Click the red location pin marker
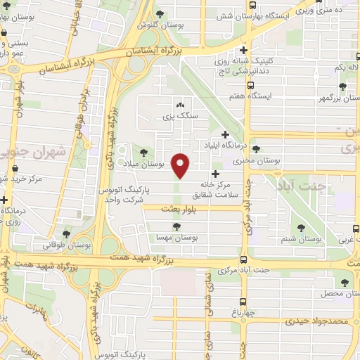click(181, 165)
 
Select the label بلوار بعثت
click(162, 209)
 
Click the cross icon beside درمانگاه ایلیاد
click(225, 134)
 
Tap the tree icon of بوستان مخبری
click(256, 149)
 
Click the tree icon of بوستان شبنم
click(301, 228)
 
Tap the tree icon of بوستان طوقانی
click(66, 234)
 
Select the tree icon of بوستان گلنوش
click(160, 13)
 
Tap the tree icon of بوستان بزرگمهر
click(342, 86)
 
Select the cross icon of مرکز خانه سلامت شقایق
click(215, 173)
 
